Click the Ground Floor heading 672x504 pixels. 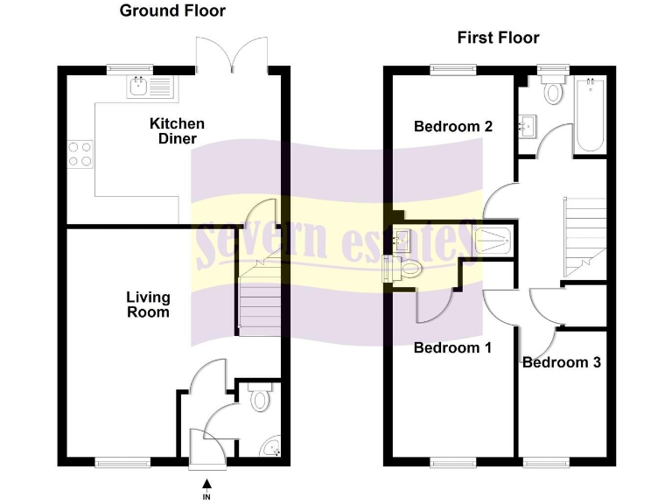click(172, 11)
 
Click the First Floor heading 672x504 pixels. click(498, 38)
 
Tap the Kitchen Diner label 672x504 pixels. click(177, 131)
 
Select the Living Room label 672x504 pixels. click(148, 304)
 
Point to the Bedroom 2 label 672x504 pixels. click(453, 127)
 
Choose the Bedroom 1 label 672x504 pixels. click(452, 348)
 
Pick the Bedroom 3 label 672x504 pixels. click(561, 362)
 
